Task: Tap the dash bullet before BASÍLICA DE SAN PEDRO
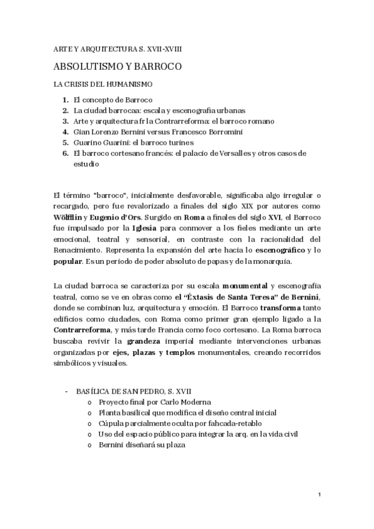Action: (x=67, y=391)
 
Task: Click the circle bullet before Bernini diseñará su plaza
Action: (x=92, y=445)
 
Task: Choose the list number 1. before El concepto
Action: (x=66, y=99)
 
